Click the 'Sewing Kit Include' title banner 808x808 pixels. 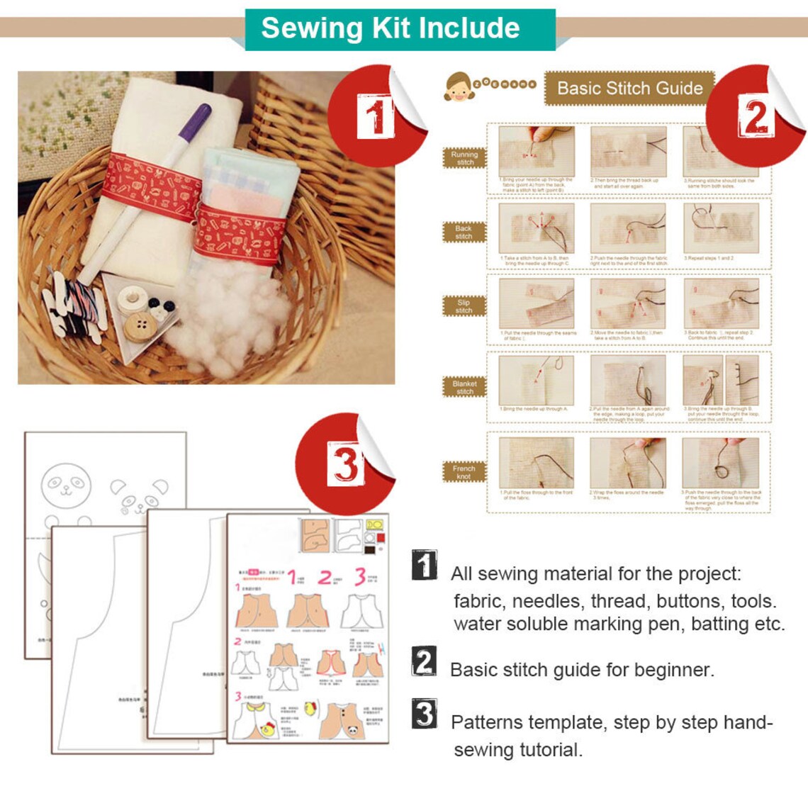391,28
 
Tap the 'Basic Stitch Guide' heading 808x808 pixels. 629,89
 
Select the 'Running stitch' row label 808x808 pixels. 464,158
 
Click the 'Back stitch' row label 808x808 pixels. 464,232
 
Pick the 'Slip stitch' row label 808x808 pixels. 464,306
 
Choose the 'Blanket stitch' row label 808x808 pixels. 464,387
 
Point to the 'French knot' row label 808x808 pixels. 464,472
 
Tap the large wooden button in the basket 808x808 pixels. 140,326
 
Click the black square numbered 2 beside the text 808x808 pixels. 424,661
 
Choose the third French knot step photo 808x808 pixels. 719,463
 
